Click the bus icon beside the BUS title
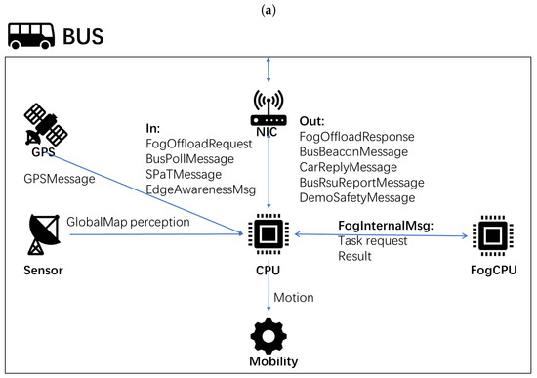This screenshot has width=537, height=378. pos(31,36)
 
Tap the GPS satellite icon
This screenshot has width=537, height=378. pos(45,124)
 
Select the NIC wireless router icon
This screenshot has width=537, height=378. pos(268,108)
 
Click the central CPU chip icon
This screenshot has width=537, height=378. pos(268,234)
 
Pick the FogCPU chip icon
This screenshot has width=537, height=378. pos(493,235)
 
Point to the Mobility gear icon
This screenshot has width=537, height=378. pos(268,337)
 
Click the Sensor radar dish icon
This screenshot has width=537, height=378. pos(44,234)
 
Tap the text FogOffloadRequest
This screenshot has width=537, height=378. pos(198,144)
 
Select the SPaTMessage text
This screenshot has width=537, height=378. pos(184,175)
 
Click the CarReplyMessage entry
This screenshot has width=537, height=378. pos(348,167)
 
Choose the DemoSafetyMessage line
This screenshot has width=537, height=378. pos(357,197)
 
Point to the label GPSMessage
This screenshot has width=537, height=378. pos(60,179)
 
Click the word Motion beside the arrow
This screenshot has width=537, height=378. pos(294,298)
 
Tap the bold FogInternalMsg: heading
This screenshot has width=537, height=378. pos(386,226)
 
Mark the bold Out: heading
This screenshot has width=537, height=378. pos(311,121)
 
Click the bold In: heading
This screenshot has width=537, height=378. pos(152,128)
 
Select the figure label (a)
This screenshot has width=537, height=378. pos(268,11)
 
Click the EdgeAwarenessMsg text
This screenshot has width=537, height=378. pos(201,189)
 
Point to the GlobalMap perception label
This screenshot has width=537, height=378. pos(128,222)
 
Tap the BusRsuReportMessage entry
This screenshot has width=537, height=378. pos(361,183)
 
